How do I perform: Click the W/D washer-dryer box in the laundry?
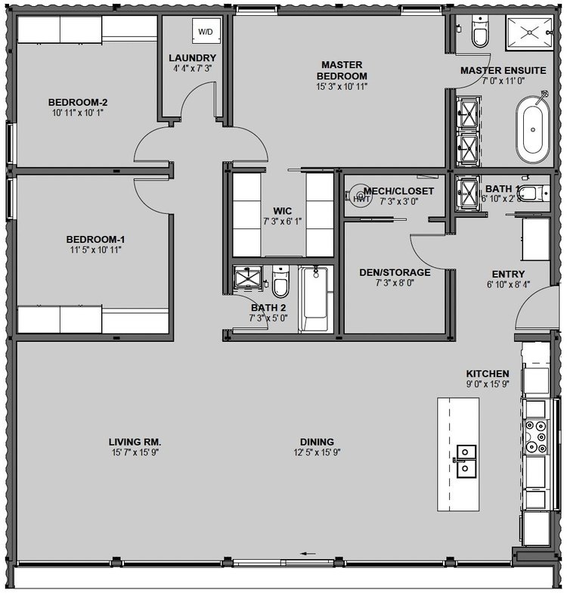tap(206, 31)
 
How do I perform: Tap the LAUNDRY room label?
tap(192, 57)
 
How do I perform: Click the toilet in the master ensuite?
tap(480, 31)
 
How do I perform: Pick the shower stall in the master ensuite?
tap(529, 33)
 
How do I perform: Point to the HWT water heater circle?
tap(361, 196)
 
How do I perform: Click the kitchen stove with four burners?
tap(536, 436)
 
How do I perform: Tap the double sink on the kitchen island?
tap(466, 461)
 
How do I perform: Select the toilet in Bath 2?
tap(280, 281)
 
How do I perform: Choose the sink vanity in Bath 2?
tap(248, 276)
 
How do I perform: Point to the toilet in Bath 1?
tap(534, 193)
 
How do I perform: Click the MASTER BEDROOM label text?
tap(342, 70)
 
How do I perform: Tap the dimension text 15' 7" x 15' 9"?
tap(135, 452)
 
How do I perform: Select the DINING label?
tap(317, 442)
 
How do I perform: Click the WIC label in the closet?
tap(282, 211)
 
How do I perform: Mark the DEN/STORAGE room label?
tap(395, 272)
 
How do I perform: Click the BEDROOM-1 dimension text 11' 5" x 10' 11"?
tap(95, 250)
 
